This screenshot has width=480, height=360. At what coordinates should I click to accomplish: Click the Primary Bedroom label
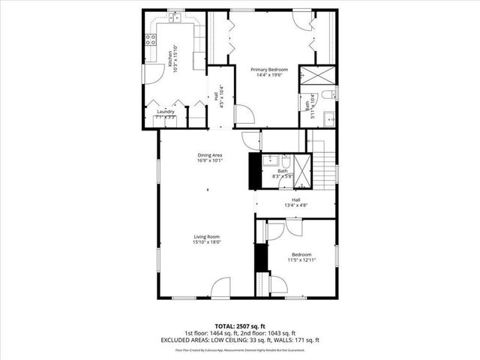click(x=269, y=69)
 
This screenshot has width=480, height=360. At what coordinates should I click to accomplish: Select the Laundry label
click(x=166, y=112)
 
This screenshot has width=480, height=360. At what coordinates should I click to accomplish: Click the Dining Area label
click(x=210, y=154)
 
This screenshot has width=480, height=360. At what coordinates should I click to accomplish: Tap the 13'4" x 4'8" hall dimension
click(x=296, y=205)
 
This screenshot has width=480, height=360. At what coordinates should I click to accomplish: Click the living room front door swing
click(x=220, y=286)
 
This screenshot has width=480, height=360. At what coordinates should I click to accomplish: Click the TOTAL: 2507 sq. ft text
click(x=240, y=326)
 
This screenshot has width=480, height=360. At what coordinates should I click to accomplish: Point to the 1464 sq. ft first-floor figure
click(x=222, y=333)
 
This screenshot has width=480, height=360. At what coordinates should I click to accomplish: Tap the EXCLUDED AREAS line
click(x=240, y=340)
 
